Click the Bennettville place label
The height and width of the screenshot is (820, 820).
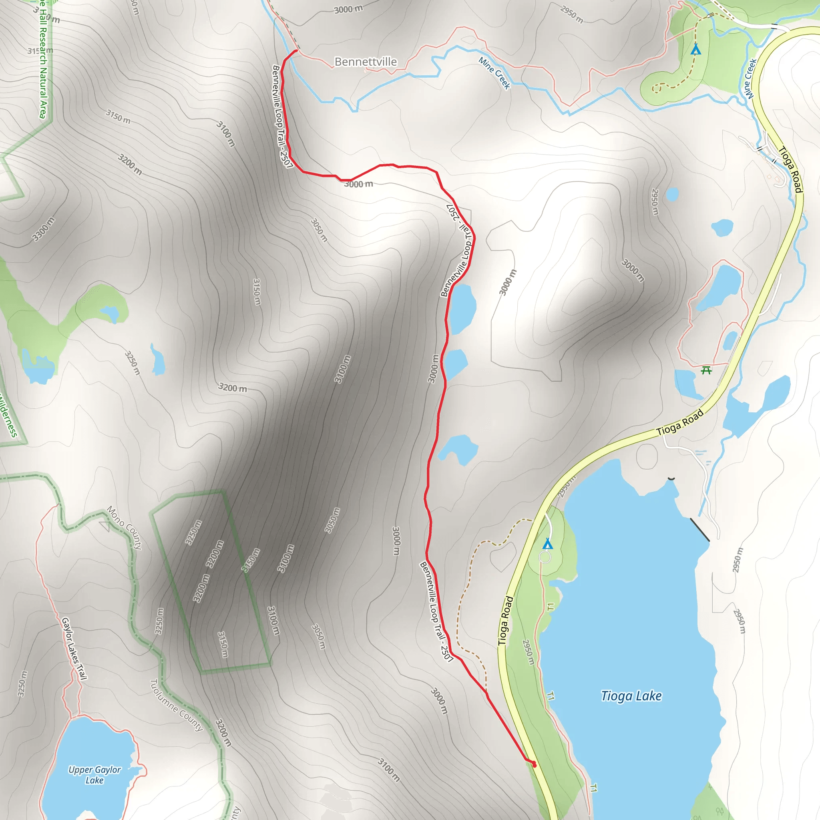366,62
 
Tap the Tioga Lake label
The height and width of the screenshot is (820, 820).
631,696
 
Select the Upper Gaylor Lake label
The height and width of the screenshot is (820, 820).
94,775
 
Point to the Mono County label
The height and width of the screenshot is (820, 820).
124,528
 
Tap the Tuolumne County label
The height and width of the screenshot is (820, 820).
176,705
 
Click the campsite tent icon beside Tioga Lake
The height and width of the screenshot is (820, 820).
547,544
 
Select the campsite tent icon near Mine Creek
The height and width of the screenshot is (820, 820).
695,50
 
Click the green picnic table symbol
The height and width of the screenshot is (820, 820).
706,370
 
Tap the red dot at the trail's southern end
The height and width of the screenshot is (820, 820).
535,765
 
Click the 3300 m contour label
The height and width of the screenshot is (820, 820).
44,229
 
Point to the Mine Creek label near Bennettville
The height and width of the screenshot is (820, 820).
494,73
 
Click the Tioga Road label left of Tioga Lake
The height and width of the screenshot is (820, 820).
506,621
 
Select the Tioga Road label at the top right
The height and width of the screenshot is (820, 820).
791,169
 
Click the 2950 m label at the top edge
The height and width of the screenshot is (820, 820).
571,14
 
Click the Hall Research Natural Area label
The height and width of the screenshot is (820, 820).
42,59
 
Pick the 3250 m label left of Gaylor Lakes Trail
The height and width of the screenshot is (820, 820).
22,684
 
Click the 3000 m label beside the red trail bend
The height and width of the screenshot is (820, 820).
358,184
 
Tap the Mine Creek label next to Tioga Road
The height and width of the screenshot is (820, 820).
750,79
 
